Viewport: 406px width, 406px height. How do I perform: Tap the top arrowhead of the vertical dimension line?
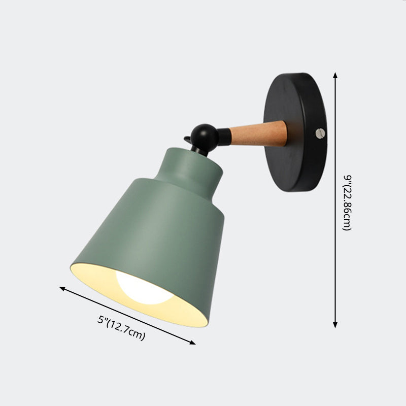coord(335,75)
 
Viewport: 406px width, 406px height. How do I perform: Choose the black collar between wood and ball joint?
coord(224,136)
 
